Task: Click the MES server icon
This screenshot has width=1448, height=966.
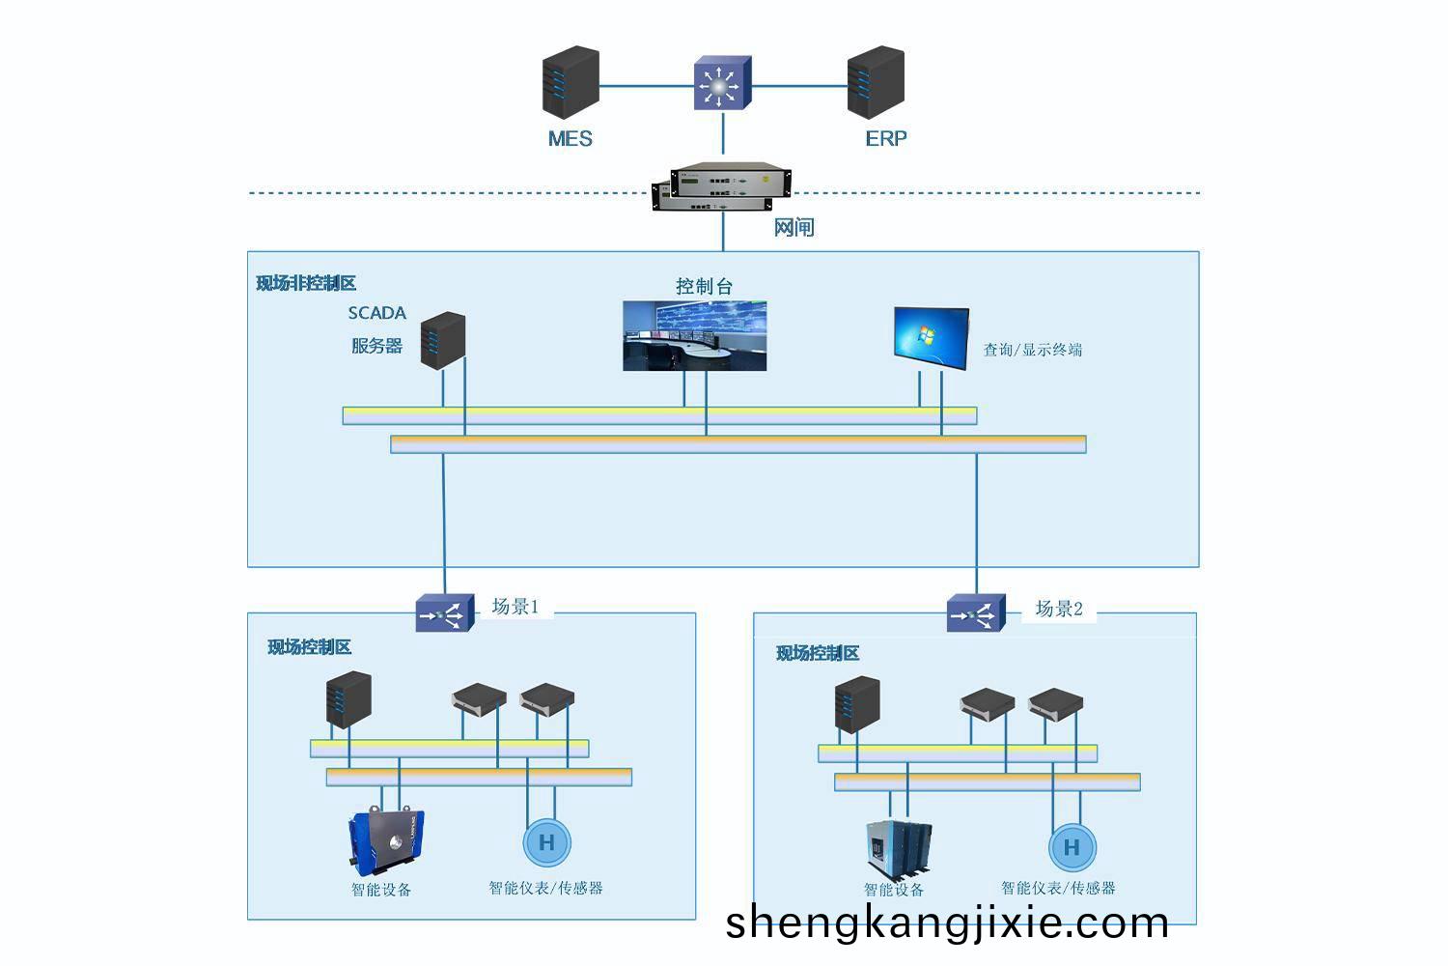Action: [x=571, y=82]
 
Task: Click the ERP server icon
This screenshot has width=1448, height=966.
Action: [x=876, y=82]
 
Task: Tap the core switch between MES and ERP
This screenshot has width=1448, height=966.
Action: [x=723, y=83]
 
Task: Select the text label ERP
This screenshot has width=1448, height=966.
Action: [x=886, y=138]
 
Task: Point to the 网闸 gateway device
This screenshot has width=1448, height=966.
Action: [x=721, y=186]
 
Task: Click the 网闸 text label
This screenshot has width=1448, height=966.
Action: [x=794, y=228]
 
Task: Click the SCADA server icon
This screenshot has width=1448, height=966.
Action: [x=443, y=340]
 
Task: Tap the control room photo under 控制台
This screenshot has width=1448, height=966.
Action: [x=695, y=336]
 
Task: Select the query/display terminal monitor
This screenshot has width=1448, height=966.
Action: [x=932, y=338]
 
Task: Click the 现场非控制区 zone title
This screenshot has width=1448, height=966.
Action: [x=306, y=283]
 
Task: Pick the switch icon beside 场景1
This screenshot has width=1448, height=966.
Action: [x=445, y=612]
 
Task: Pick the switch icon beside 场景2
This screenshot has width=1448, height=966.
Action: [x=976, y=612]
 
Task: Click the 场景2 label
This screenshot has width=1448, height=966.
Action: [x=1059, y=609]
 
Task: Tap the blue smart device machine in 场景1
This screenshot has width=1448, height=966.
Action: [x=386, y=840]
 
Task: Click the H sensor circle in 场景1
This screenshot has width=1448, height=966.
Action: [x=547, y=842]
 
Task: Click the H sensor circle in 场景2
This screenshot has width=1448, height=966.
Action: [x=1072, y=847]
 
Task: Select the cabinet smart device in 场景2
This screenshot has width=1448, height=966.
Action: [x=899, y=850]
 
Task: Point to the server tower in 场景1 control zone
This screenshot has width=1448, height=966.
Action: [x=349, y=699]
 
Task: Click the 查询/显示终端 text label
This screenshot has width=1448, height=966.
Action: [x=1032, y=350]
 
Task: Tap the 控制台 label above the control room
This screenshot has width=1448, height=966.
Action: [x=704, y=286]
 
